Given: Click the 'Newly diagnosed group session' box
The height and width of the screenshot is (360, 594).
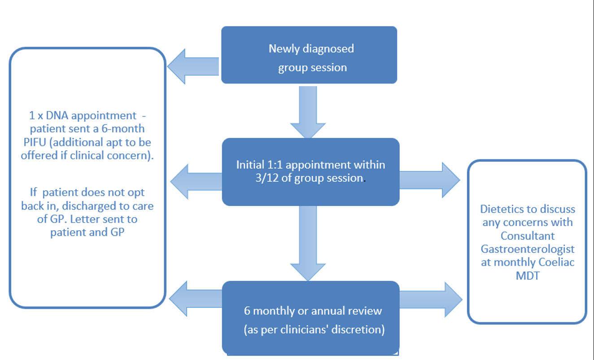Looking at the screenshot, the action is [x=309, y=55].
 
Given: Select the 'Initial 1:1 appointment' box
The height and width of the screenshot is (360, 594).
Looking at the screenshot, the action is [x=310, y=172].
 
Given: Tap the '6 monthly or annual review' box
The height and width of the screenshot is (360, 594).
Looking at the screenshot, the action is [x=310, y=318].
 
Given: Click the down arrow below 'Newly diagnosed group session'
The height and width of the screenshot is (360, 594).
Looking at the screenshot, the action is [x=308, y=112].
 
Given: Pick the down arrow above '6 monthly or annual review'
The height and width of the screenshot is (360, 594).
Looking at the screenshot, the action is [x=308, y=243].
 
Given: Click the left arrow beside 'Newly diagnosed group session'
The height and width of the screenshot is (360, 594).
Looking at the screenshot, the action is [x=193, y=66].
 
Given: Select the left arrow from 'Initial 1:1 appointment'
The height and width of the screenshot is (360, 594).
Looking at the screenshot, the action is [x=196, y=182].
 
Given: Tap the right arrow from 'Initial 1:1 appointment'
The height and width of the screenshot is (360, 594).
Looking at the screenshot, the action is [x=430, y=180].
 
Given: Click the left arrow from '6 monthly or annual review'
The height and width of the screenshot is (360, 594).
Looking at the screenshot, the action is [x=196, y=299].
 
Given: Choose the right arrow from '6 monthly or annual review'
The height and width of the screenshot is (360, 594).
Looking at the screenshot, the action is [x=431, y=299].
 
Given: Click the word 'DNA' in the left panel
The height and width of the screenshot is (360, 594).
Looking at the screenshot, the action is [x=57, y=115].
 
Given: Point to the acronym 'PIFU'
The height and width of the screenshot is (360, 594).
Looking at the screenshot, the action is [x=35, y=142].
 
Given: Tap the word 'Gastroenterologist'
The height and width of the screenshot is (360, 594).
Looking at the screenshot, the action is [x=528, y=249].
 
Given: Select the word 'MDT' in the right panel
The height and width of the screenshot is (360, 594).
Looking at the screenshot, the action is [x=528, y=276].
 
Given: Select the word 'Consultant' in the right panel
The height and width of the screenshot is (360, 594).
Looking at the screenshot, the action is [x=528, y=236].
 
